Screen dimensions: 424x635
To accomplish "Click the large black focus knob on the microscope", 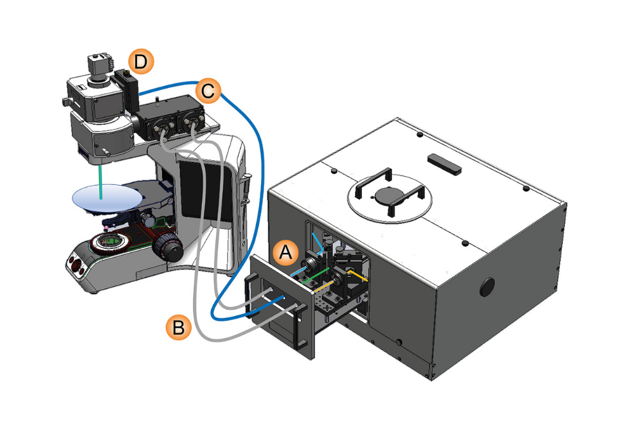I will pyautogui.click(x=170, y=244).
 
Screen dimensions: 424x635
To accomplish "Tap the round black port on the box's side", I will pyautogui.click(x=487, y=286).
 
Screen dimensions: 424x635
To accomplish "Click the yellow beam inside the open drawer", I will pyautogui.click(x=359, y=277).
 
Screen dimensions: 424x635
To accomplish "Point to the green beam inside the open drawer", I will pyautogui.click(x=317, y=274).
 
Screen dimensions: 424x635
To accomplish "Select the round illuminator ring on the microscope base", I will pyautogui.click(x=108, y=242).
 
